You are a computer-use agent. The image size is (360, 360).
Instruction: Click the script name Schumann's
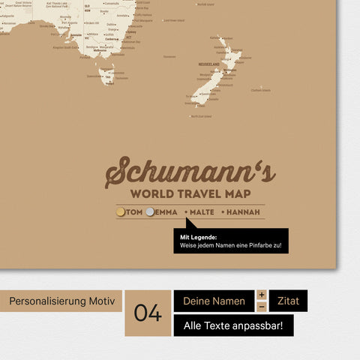(190, 173)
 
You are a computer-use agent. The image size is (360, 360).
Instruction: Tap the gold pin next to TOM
(121, 212)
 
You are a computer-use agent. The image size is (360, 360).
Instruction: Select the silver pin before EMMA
(150, 212)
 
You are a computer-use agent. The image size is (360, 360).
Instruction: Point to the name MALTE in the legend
(199, 212)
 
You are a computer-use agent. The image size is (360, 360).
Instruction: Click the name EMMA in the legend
(166, 212)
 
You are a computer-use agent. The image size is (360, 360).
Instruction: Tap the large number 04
(148, 313)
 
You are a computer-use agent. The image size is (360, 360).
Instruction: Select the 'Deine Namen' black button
(214, 301)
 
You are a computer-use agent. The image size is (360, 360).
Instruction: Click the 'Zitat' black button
(288, 301)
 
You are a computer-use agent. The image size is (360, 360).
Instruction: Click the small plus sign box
(261, 295)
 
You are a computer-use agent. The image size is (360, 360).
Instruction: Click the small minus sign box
(261, 307)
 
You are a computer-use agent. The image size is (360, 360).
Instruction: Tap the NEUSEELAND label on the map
(208, 64)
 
